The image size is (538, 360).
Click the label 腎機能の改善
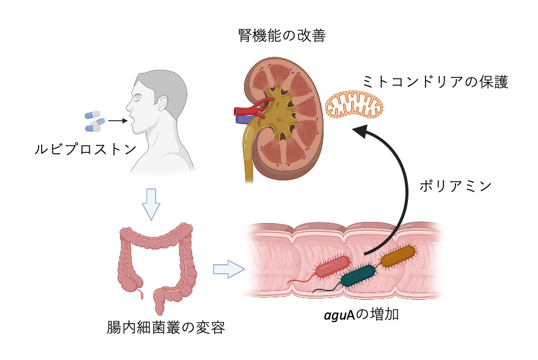click(282, 36)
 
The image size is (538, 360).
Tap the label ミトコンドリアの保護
click(435, 82)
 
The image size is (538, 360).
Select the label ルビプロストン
click(86, 149)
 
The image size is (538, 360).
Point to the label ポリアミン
click(455, 186)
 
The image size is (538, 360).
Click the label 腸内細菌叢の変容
click(166, 327)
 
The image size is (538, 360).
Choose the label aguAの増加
click(361, 314)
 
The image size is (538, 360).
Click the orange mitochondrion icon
click(354, 105)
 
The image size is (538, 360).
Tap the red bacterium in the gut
click(332, 267)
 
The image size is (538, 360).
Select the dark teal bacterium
click(358, 276)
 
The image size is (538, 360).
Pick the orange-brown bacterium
click(398, 256)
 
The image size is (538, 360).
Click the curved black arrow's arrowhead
click(360, 131)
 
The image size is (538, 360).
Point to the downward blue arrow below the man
click(151, 204)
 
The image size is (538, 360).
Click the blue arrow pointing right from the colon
click(229, 269)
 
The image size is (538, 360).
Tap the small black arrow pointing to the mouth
click(117, 121)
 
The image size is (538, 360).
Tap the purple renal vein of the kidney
click(244, 119)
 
